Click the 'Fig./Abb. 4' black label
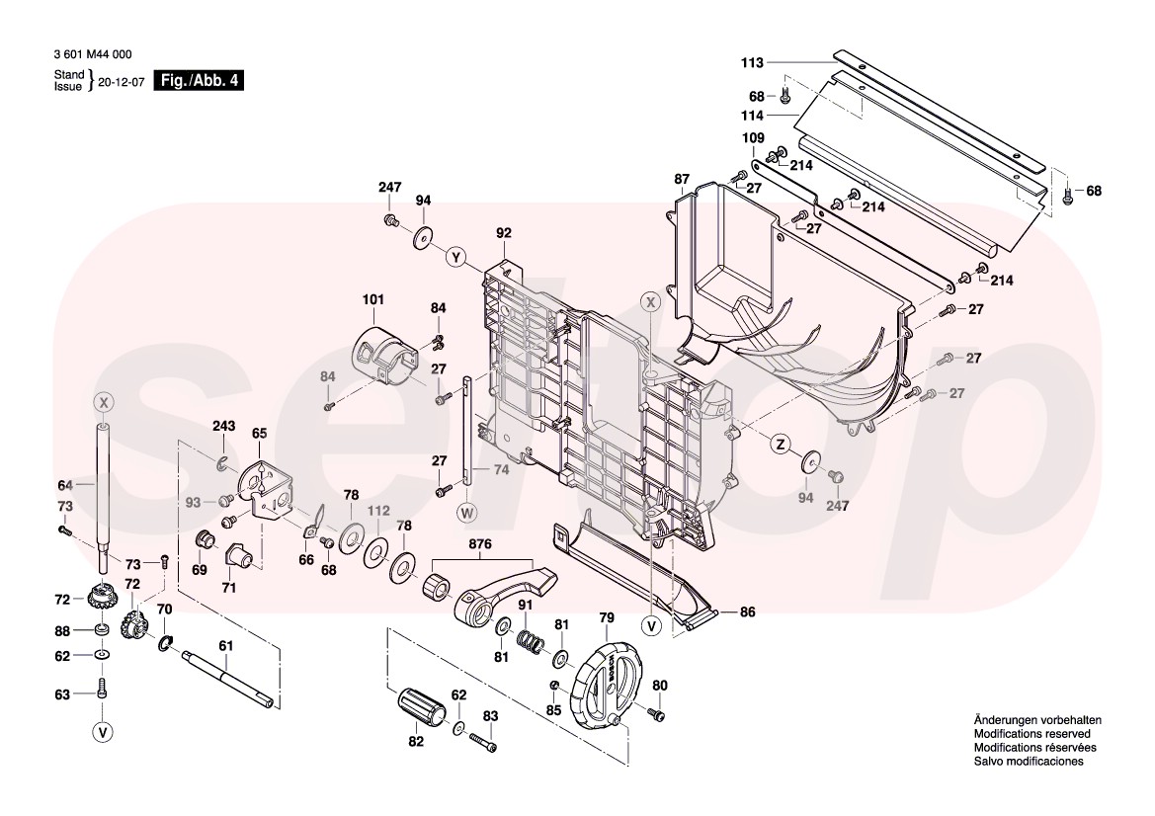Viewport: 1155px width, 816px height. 199,81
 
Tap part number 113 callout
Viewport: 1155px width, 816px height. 753,62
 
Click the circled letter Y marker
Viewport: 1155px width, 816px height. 455,257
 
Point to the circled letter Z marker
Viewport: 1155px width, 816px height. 780,444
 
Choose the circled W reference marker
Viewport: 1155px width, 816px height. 467,512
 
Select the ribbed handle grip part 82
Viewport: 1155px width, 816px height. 423,707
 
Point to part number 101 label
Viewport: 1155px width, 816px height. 372,298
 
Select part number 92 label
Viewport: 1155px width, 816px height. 504,234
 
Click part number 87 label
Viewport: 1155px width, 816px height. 682,179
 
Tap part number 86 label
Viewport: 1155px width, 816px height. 746,612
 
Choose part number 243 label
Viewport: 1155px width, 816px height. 223,426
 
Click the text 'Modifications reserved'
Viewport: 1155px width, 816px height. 1031,734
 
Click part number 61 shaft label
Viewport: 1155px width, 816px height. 225,646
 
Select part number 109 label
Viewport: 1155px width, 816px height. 753,137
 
